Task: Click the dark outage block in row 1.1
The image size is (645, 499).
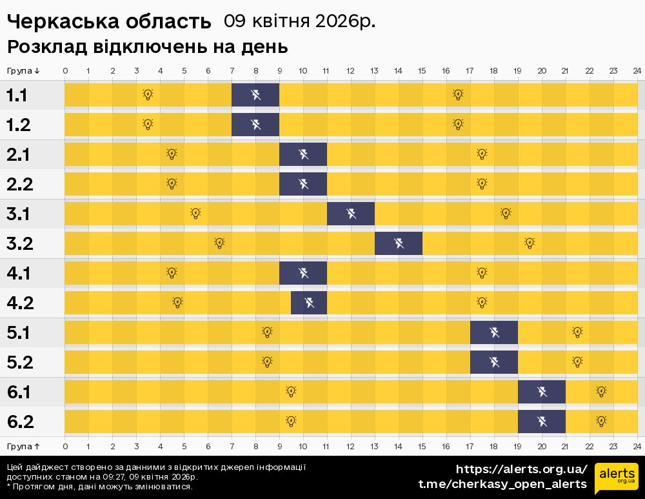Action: click(x=255, y=95)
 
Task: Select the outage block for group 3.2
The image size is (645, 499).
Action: click(x=399, y=243)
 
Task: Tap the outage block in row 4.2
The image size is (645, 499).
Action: click(x=309, y=302)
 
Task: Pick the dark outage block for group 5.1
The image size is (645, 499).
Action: click(x=494, y=332)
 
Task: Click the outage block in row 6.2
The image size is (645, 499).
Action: click(x=542, y=422)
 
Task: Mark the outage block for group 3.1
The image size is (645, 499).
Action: click(x=351, y=214)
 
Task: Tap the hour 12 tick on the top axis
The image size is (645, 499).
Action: click(x=350, y=70)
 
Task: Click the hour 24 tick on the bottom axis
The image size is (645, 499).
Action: click(x=637, y=446)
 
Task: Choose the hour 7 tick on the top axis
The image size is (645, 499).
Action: click(x=232, y=70)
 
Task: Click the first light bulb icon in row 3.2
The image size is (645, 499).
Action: click(x=219, y=243)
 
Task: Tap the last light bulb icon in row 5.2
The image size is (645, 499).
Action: click(x=577, y=362)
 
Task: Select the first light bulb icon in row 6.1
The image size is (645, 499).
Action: click(x=291, y=391)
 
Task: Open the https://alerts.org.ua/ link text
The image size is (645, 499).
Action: click(x=521, y=469)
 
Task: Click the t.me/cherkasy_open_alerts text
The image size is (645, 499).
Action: click(x=502, y=484)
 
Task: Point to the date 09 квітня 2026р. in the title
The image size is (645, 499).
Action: click(x=299, y=21)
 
